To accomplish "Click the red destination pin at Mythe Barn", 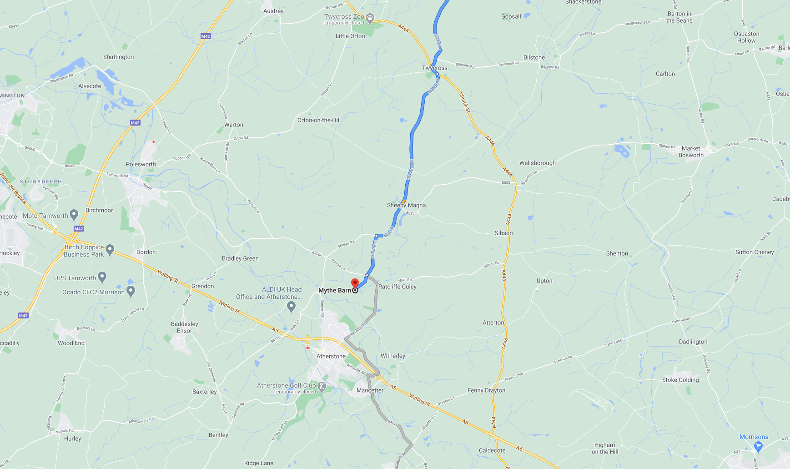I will click(x=355, y=283).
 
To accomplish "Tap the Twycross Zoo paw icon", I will click(x=370, y=19).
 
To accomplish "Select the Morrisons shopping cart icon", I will click(x=758, y=447).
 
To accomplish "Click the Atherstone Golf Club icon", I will click(x=322, y=387).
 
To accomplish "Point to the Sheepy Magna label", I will click(x=406, y=206).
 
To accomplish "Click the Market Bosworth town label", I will click(x=691, y=152).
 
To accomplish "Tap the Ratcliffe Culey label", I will click(x=397, y=287).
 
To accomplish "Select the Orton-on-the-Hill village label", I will click(x=319, y=121).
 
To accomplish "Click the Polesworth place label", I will click(x=141, y=165).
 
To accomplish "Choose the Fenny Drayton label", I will click(x=486, y=391).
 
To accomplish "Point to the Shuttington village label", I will click(x=118, y=57).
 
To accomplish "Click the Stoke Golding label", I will click(x=680, y=380).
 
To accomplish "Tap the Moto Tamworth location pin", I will click(x=74, y=216).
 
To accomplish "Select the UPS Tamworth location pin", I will click(x=102, y=277).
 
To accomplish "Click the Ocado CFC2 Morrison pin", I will click(x=131, y=291).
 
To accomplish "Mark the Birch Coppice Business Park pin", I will click(x=110, y=249).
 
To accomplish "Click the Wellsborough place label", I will click(x=537, y=163).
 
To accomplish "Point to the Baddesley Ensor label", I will click(x=184, y=328).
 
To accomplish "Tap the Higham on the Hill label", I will click(x=604, y=449).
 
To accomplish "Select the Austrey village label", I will click(x=273, y=11).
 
